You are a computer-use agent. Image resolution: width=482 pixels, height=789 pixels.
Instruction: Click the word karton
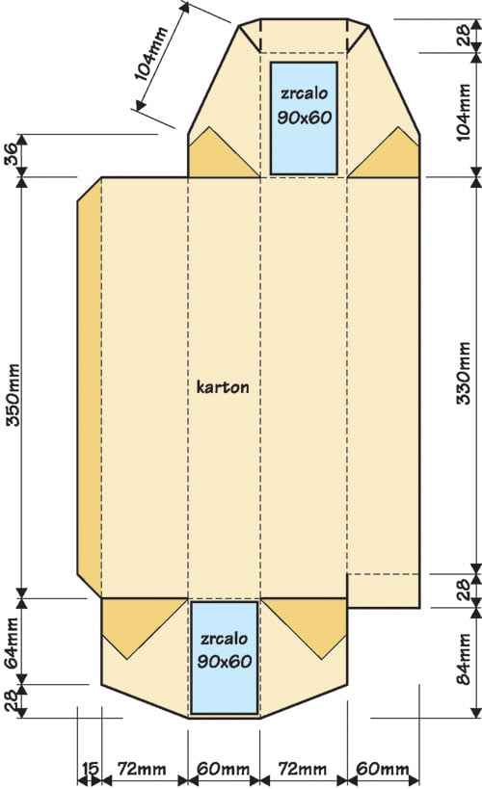222,387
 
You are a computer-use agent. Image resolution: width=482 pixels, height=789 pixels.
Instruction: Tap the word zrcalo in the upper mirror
305,93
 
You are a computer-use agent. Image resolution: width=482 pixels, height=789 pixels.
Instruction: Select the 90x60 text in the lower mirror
224,661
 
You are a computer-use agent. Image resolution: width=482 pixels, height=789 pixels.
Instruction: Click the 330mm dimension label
464,373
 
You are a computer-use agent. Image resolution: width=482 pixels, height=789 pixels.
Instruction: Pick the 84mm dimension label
464,659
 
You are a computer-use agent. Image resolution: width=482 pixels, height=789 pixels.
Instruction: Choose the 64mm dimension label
13,644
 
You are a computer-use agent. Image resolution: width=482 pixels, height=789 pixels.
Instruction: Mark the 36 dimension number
13,154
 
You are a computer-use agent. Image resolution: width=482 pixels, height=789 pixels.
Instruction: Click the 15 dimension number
91,769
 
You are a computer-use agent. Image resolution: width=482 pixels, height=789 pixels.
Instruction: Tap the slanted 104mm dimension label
151,54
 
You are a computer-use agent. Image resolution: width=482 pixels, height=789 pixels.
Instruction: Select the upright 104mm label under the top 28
464,112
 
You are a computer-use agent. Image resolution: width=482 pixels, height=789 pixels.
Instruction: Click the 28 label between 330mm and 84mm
464,590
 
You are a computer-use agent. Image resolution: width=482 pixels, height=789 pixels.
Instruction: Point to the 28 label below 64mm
13,700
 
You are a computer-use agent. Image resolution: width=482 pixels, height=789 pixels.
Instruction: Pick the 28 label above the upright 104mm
464,36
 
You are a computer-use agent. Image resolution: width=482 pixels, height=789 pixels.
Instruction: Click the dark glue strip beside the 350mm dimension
90,387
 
